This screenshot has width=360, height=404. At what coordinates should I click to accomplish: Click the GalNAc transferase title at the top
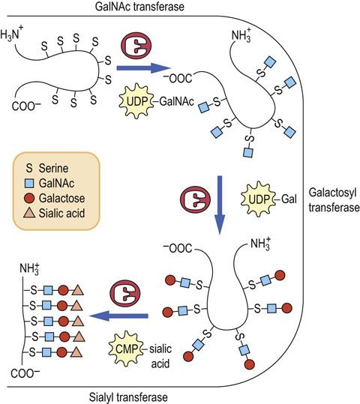139,7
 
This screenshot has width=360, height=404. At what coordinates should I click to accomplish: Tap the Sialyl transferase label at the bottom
128,397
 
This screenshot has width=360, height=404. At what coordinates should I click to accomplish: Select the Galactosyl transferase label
334,200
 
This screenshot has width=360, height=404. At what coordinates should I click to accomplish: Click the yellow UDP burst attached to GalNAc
136,101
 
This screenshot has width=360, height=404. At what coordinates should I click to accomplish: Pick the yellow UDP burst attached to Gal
259,199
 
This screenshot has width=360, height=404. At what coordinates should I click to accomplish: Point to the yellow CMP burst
126,349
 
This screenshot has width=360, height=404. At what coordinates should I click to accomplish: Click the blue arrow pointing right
144,68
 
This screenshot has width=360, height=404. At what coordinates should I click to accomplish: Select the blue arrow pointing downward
220,205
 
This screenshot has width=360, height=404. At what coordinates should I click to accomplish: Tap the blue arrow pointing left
118,316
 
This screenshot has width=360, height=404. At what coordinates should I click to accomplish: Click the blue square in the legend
29,184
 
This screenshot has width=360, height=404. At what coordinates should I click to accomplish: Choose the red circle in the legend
29,198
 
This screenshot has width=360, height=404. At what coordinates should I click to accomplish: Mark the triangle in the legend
29,213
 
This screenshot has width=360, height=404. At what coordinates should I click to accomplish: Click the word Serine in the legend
54,168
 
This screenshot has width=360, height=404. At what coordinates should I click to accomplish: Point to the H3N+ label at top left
12,34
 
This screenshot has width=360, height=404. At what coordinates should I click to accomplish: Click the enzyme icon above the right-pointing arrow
136,45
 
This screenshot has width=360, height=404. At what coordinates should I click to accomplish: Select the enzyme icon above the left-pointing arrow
125,293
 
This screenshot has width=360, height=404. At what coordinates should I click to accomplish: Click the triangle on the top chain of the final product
77,290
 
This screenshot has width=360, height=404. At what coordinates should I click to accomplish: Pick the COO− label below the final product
25,373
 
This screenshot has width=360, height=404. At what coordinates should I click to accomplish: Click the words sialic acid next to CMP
160,356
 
